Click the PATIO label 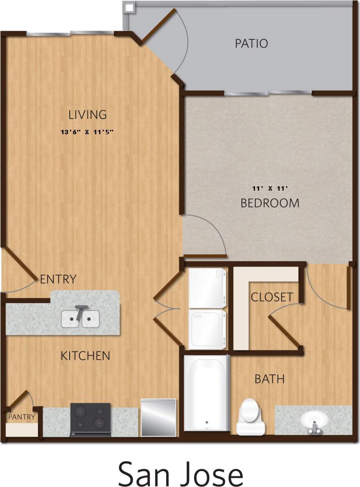[x=251, y=44]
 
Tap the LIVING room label [x=88, y=115]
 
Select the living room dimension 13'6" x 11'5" [x=86, y=132]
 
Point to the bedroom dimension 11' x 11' [x=270, y=188]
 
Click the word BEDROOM [x=270, y=203]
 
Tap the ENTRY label [x=58, y=280]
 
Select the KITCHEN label [x=85, y=356]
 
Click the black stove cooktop [x=90, y=419]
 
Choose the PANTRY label [x=22, y=417]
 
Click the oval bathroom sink [x=314, y=420]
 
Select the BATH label [x=269, y=379]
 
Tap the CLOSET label [x=272, y=297]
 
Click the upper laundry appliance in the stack [x=207, y=288]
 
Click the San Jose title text [x=180, y=473]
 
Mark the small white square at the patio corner [x=129, y=7]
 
